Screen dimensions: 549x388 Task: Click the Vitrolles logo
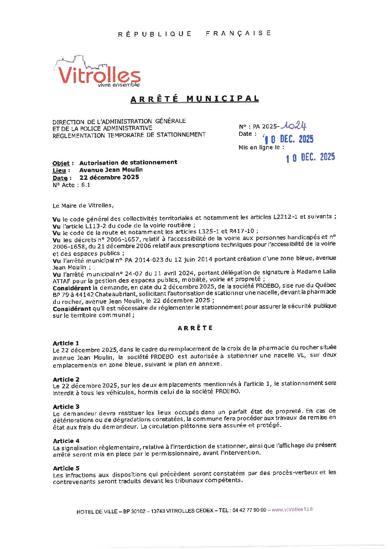[98, 73]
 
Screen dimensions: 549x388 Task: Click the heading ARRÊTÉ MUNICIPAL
[195, 99]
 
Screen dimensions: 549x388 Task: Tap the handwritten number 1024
[293, 126]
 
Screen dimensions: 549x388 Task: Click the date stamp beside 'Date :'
[289, 139]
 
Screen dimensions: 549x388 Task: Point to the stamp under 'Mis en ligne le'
[310, 157]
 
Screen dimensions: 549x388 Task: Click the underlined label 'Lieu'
[59, 171]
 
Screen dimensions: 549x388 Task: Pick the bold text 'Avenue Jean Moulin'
[111, 170]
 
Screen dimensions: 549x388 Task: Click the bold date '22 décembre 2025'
[109, 177]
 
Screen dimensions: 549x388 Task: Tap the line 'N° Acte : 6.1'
[71, 185]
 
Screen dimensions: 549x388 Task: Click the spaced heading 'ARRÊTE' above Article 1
[195, 328]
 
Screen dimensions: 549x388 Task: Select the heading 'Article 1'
[66, 343]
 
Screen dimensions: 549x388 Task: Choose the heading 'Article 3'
[66, 407]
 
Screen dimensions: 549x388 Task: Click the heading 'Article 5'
[66, 468]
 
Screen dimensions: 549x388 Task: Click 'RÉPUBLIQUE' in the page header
[155, 34]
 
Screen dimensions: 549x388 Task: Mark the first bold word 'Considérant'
[72, 288]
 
